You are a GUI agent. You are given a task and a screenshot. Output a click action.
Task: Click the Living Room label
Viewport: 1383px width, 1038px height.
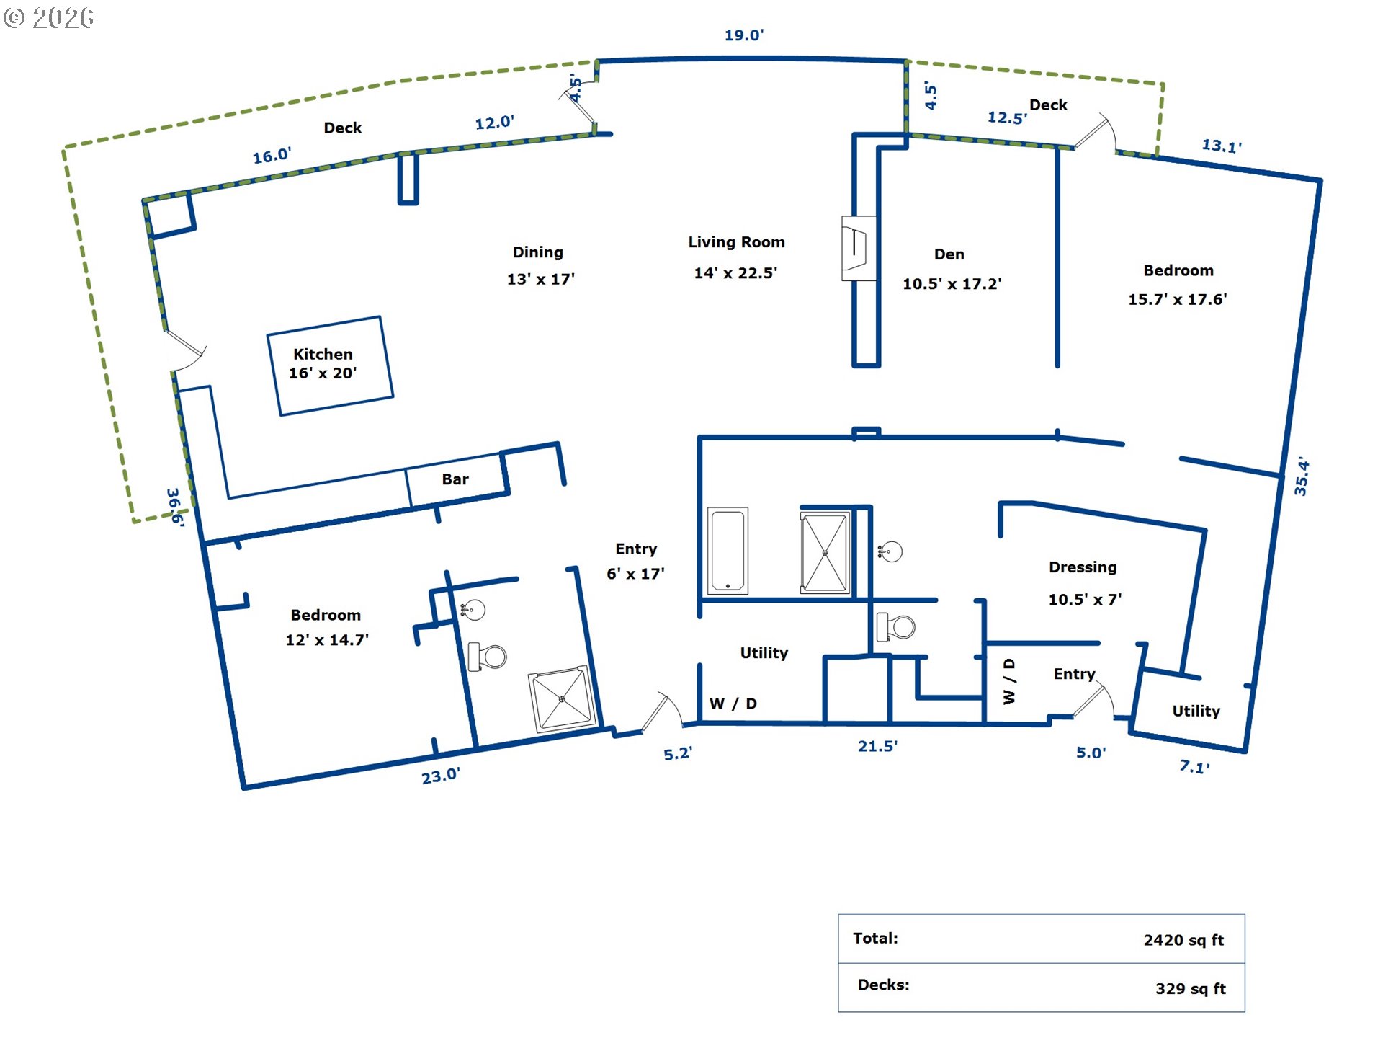coord(736,242)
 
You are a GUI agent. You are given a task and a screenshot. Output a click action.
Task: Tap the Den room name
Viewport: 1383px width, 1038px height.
coord(949,254)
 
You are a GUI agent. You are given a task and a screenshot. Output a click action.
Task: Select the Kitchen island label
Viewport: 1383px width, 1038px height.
coord(323,354)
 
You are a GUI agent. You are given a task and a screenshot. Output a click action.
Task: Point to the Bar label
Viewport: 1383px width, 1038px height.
coord(455,479)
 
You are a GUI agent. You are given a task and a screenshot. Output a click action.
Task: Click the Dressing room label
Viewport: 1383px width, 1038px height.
coord(1083,567)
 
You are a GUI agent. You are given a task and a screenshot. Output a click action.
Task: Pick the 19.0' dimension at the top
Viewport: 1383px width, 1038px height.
coord(744,35)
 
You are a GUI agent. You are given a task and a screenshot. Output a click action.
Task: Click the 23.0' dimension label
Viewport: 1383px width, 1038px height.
coord(441,776)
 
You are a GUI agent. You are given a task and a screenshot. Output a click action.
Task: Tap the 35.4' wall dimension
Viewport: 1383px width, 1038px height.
coord(1301,476)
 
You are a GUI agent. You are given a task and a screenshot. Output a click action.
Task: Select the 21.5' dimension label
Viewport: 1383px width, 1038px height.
coord(877,746)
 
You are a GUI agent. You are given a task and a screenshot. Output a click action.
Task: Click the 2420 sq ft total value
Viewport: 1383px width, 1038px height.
coord(1183,940)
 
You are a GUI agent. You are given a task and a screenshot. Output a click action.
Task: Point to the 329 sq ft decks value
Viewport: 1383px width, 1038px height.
coord(1190,989)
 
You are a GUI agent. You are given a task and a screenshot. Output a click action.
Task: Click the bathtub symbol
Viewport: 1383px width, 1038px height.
coord(728,551)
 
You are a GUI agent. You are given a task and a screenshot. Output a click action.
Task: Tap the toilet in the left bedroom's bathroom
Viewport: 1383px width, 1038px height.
coord(488,657)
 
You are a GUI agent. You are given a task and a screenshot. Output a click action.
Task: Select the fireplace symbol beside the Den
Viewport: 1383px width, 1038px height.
coord(859,249)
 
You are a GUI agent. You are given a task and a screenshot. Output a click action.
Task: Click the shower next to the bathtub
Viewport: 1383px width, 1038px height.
coord(825,553)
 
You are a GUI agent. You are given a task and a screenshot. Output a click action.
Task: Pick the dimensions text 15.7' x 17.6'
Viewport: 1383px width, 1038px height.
coord(1177,299)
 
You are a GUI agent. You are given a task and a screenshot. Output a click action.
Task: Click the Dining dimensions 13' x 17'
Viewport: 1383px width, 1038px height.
coord(540,279)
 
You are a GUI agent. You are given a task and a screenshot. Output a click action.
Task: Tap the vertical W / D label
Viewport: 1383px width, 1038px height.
coord(1009,681)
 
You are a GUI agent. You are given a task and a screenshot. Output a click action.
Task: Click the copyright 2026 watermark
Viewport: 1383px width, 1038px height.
coord(48,17)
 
